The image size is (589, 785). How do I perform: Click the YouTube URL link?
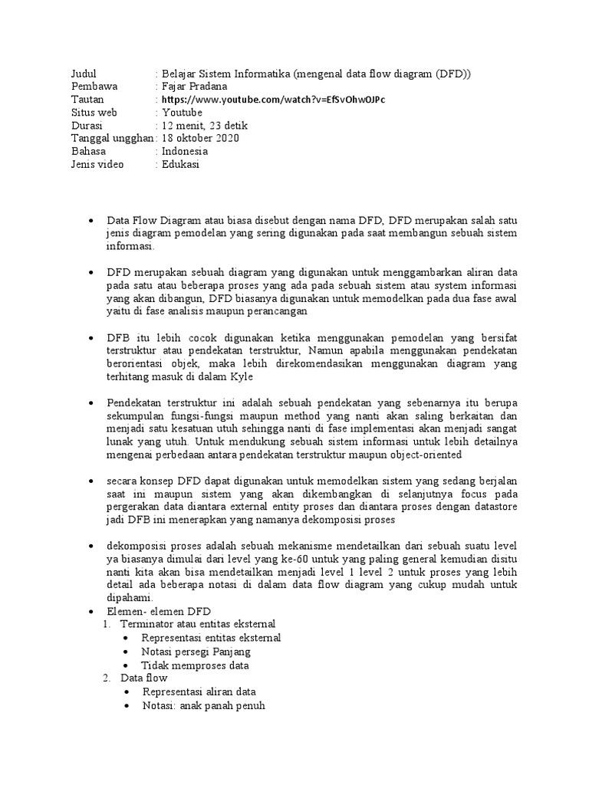coord(273,100)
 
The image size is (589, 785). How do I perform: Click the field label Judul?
coord(84,74)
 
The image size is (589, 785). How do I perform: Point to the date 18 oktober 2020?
coord(201,139)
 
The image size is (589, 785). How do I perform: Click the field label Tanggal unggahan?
coord(111,139)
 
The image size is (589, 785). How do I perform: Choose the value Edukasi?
coord(180,165)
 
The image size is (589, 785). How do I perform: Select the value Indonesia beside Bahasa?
coord(185,152)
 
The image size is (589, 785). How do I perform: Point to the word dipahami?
coord(130,597)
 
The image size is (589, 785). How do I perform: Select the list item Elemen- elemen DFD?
coord(159,611)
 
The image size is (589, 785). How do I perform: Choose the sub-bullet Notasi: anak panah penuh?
coord(203,706)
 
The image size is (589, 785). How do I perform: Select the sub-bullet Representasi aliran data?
coord(199,692)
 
